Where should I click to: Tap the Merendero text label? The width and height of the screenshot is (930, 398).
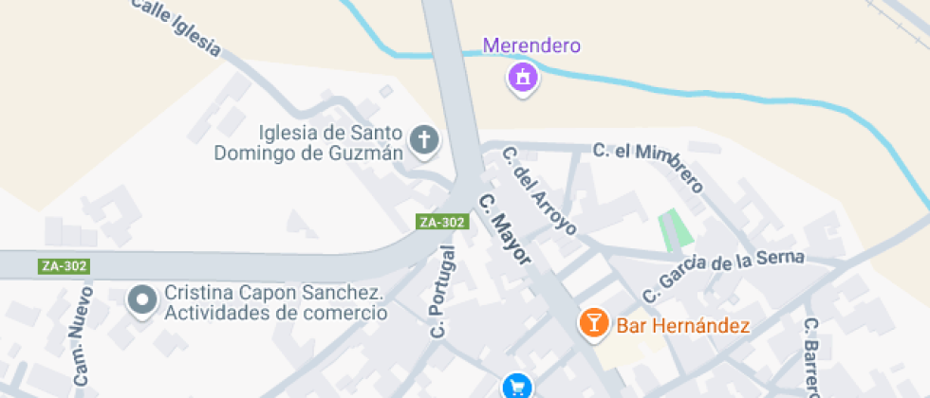531,45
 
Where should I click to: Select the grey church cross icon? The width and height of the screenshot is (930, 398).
423,141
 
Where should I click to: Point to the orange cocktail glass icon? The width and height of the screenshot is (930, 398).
594,323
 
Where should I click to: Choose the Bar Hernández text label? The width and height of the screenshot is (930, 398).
683,326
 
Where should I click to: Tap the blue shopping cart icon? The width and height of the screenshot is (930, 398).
517,387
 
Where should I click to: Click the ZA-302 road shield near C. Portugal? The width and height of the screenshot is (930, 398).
442,222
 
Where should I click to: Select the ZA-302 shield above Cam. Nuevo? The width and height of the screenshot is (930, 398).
65,266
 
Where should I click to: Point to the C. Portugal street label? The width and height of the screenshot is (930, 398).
443,292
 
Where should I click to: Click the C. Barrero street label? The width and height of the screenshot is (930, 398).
812,358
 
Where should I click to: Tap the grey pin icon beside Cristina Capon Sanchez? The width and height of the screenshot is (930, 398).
143,300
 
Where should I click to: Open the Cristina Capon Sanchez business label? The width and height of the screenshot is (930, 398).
275,302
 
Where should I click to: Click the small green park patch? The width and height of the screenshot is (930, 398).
676,228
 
